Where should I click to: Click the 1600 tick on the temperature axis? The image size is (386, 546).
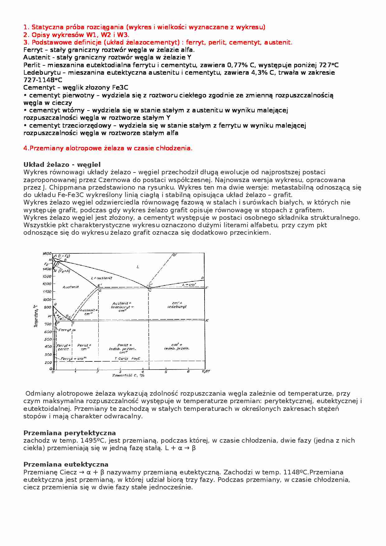tap(47, 253)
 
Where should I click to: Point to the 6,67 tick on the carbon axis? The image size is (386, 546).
tap(206, 371)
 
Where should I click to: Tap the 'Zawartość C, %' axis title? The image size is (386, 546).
tap(128, 375)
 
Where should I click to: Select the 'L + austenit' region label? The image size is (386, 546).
tap(101, 278)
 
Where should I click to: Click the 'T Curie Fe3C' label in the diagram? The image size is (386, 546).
tap(127, 359)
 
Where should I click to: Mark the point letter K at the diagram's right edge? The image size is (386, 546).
tap(207, 320)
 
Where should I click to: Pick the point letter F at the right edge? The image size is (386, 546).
tap(207, 288)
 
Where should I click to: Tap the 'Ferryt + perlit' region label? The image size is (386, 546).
tap(64, 347)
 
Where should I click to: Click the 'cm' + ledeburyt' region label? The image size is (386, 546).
tap(177, 305)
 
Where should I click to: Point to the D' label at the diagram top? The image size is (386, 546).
tap(175, 255)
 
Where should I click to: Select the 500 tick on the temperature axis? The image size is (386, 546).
tap(48, 339)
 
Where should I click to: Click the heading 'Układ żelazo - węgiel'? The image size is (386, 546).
tap(62, 165)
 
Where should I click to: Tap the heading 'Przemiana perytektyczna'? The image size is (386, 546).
tap(69, 433)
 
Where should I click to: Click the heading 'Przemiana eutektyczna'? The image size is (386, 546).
tap(66, 464)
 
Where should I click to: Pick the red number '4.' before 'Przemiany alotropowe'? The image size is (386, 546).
tap(26, 148)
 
